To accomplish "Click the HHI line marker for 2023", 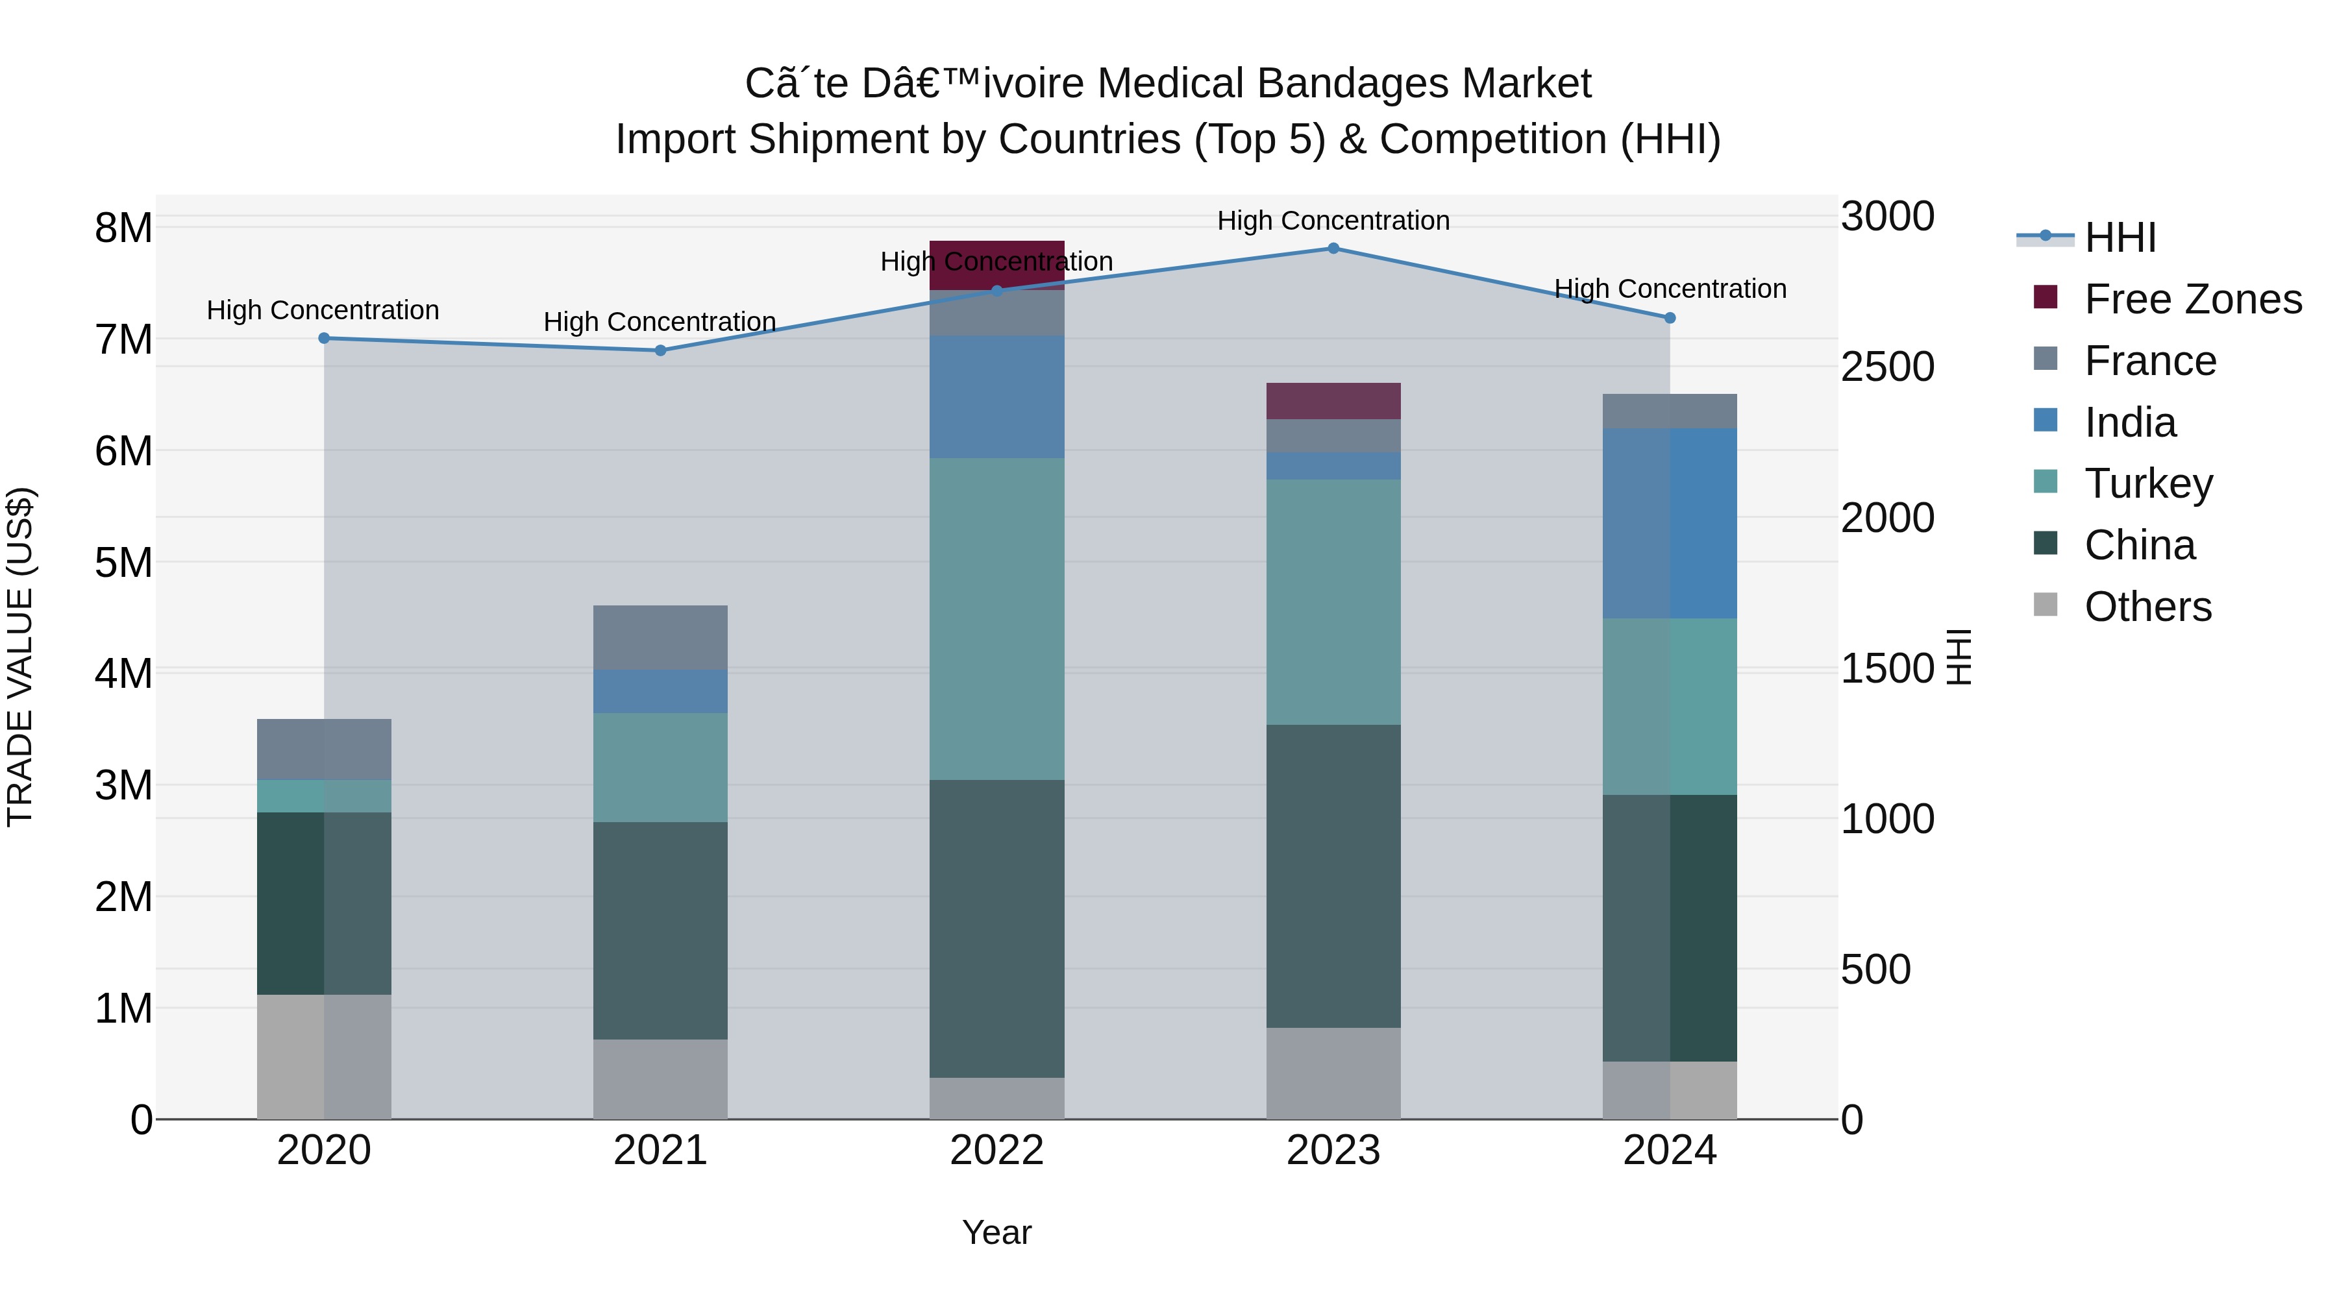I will click(1333, 248).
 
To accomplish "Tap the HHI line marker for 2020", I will click(324, 338).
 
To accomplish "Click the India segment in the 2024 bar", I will click(1669, 523).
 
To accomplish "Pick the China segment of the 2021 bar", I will click(660, 931).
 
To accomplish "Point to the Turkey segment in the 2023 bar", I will click(1333, 602).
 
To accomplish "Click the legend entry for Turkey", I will click(2147, 483).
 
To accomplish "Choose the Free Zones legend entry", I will click(2192, 299).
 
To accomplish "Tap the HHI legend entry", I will click(2120, 237).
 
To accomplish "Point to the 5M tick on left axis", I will click(123, 562).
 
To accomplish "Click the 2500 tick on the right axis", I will click(1887, 367).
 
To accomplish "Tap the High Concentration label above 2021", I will click(660, 322).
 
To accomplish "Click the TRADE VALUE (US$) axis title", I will click(20, 657).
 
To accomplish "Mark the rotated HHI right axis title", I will click(1960, 657).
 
